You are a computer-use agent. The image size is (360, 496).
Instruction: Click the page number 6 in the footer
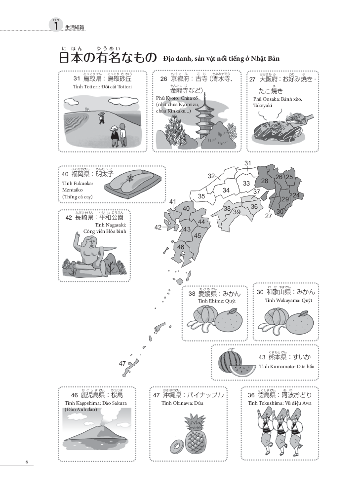pos(27,462)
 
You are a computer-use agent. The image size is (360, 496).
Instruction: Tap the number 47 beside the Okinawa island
pos(122,363)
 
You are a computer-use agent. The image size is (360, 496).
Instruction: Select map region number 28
pos(264,181)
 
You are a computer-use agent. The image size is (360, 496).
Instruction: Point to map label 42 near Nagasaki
pos(158,228)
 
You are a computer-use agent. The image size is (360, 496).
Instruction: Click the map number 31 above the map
pos(248,163)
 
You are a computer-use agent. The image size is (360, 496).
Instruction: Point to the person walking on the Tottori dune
pos(102,117)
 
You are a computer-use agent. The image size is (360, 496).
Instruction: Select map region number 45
pos(197,235)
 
